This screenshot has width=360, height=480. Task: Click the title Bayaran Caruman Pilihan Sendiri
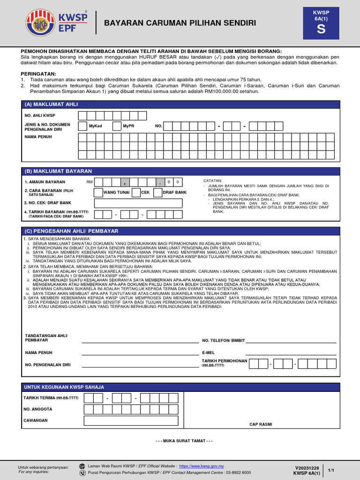(x=180, y=23)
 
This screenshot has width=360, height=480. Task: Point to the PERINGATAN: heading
(x=38, y=74)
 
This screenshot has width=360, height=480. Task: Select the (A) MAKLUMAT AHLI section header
(x=51, y=104)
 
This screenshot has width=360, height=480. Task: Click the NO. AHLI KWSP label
(x=40, y=115)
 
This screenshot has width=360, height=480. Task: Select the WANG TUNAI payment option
(x=116, y=192)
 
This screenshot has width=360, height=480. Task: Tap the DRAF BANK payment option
(x=174, y=192)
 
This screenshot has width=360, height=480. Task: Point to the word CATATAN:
(x=213, y=180)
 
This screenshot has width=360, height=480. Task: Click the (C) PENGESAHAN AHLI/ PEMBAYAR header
(x=71, y=231)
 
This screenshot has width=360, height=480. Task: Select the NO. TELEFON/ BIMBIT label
(x=223, y=341)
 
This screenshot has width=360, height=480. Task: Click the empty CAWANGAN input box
(x=131, y=420)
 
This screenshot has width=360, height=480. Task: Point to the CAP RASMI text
(x=261, y=424)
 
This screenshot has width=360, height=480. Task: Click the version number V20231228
(x=307, y=468)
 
